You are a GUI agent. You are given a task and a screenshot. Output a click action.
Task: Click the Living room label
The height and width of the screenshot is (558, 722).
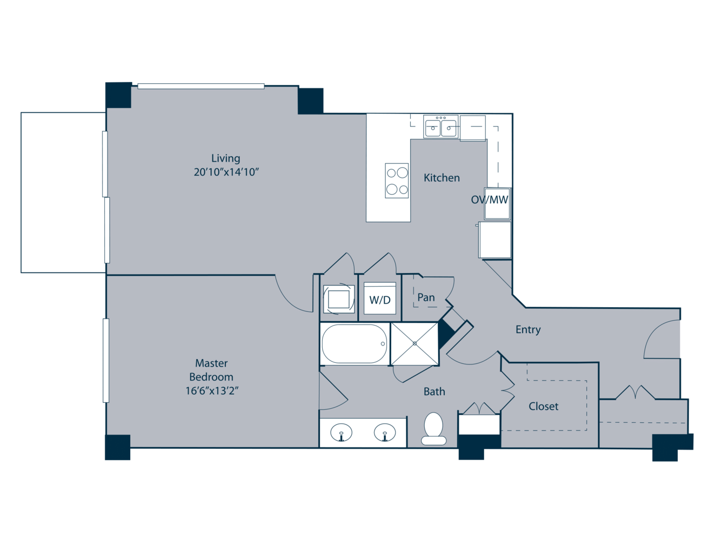[x=225, y=158]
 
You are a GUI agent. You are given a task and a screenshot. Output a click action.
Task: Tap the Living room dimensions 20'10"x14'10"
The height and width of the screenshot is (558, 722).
[x=226, y=172]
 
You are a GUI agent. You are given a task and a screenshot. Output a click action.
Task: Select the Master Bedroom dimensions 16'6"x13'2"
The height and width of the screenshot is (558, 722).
[x=212, y=390]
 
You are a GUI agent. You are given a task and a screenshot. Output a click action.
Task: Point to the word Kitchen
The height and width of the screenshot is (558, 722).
[x=442, y=178]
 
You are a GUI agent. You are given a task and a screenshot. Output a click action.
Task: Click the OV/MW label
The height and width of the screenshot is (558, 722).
[x=490, y=200]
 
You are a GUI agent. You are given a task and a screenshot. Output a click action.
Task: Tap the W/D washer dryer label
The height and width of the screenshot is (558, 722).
[x=380, y=300]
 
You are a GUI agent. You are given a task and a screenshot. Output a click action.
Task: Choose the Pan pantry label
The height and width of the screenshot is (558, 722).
[x=426, y=297]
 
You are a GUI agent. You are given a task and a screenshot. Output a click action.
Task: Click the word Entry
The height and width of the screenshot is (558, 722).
[x=528, y=330]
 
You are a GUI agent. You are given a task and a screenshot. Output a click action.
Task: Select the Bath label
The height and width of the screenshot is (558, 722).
[x=434, y=391]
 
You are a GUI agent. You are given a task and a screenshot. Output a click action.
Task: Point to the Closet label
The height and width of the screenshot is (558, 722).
[x=543, y=406]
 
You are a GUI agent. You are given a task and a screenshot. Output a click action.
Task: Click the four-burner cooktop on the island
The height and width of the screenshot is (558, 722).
[x=397, y=181]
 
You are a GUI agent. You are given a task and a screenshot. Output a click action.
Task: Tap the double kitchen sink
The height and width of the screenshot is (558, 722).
[x=440, y=127]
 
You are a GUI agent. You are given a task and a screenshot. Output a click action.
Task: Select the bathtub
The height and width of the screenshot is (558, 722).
[x=354, y=344]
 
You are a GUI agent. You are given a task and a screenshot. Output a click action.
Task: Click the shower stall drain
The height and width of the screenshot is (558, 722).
[x=415, y=343]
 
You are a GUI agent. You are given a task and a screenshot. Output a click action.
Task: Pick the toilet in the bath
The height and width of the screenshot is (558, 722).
[x=433, y=428]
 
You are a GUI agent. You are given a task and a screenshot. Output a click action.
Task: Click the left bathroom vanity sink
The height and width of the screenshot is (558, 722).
[x=341, y=433]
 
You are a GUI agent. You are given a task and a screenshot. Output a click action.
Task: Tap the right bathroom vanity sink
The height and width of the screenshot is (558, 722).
[x=385, y=433]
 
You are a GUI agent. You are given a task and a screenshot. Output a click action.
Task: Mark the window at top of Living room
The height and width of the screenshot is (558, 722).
[x=201, y=86]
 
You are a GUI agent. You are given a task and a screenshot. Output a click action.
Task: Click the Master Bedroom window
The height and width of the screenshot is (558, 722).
[x=106, y=360]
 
